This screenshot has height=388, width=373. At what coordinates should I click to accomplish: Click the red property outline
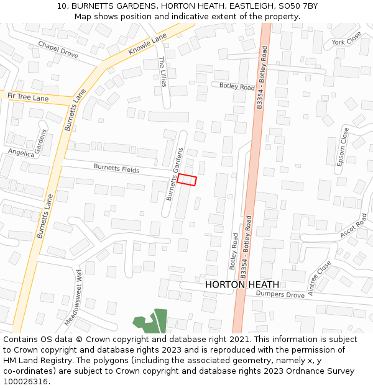coord(186,179)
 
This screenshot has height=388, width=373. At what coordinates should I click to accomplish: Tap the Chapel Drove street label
coord(58,49)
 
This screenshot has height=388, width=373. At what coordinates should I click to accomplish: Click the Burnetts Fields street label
coord(116,168)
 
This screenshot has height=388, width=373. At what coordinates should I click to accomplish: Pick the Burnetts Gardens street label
coord(174,174)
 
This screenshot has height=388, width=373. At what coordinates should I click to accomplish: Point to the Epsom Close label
coord(343,147)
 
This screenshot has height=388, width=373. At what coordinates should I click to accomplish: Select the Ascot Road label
coord(354,227)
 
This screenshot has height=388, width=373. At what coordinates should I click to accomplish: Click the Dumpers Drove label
coord(280,294)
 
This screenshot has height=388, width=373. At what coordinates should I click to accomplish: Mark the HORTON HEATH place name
coord(242,284)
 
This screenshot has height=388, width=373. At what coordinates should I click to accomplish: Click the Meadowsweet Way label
coord(73,298)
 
